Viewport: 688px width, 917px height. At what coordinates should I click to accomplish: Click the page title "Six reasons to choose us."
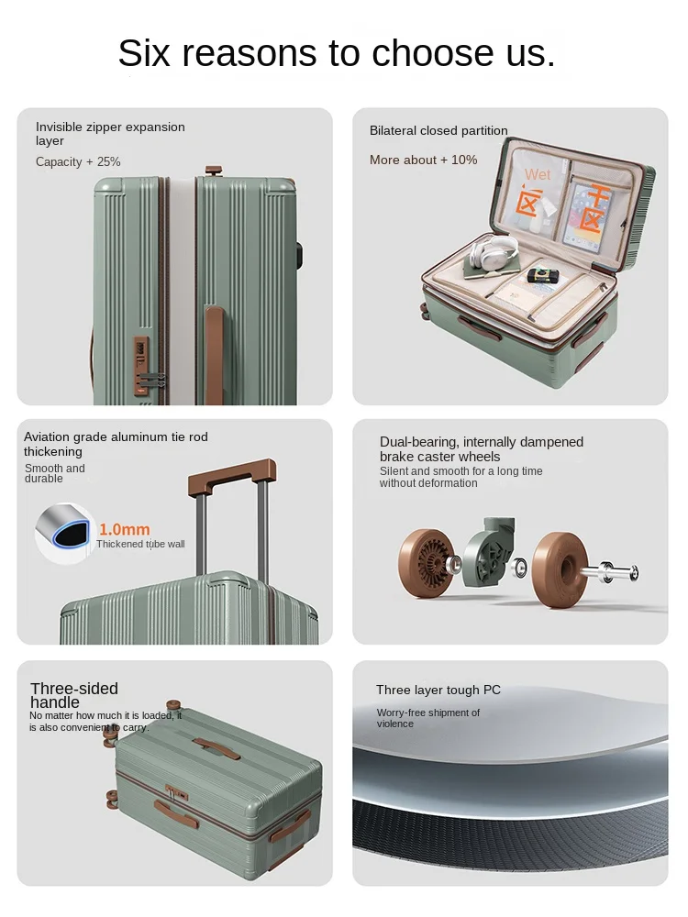(x=337, y=52)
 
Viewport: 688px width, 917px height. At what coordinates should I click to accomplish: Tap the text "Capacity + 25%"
(x=78, y=162)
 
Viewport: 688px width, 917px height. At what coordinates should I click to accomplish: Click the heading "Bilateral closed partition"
(x=438, y=130)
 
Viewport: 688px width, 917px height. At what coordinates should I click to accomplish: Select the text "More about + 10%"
(x=424, y=160)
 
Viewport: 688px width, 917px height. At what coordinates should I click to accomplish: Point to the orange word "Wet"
(x=538, y=174)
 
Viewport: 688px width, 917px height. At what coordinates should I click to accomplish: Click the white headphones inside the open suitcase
(x=494, y=253)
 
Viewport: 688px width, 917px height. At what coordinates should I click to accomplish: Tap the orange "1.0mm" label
(x=125, y=529)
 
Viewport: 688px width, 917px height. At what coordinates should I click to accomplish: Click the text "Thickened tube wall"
(x=140, y=544)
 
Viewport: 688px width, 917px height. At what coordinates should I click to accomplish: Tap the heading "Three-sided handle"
(x=74, y=695)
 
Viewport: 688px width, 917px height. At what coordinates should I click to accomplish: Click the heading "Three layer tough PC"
(x=438, y=691)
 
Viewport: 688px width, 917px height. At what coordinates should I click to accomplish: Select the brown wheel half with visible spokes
(x=427, y=563)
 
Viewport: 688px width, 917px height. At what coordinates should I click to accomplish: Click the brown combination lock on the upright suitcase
(x=141, y=366)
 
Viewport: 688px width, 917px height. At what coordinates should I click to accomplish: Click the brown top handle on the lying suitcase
(x=216, y=748)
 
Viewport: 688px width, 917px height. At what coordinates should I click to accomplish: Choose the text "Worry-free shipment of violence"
(x=427, y=718)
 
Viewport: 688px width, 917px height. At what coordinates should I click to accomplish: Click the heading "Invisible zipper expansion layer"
(x=110, y=134)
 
